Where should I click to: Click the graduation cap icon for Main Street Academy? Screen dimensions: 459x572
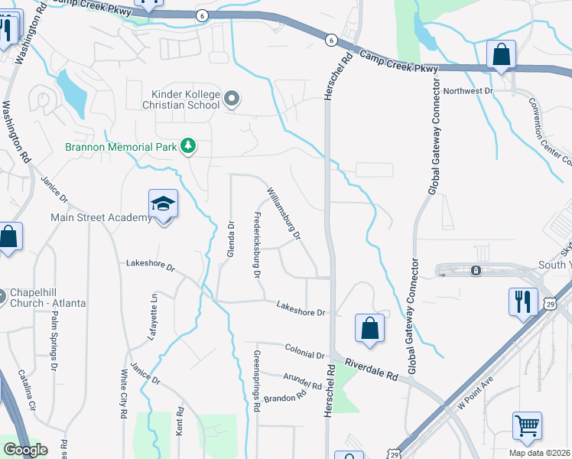pos(163,203)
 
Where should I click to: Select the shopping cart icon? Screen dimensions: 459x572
pos(528,425)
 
